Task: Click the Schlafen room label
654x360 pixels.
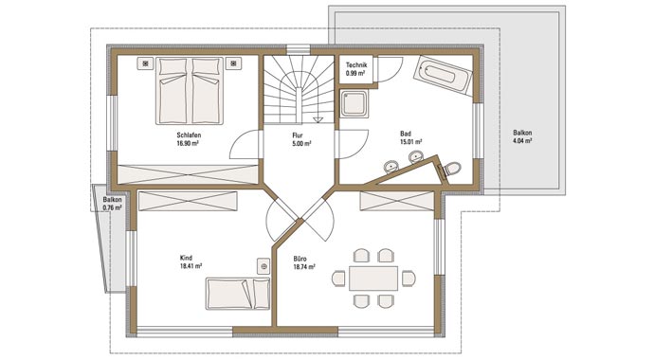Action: coord(189,135)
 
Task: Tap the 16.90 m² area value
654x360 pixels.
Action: coord(188,143)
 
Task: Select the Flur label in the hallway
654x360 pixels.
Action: coord(298,135)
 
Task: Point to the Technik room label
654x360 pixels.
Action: coord(356,65)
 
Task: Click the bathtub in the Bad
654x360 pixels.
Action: coord(443,76)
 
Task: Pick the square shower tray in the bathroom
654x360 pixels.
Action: coord(354,103)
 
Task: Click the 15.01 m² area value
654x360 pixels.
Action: coord(410,142)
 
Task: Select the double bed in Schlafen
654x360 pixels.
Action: coord(190,91)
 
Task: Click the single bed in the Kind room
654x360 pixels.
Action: coord(238,294)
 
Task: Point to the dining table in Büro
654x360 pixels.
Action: coord(373,279)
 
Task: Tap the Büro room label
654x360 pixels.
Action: coord(300,259)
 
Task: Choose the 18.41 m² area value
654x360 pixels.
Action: coord(191,266)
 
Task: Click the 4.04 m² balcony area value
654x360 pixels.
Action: coord(522,141)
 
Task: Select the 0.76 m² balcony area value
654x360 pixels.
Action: coord(113,207)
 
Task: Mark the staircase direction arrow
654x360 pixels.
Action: coord(318,120)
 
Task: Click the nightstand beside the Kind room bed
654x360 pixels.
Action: coord(263,266)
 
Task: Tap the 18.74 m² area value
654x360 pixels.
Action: coord(304,266)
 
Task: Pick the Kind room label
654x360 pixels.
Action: coord(186,258)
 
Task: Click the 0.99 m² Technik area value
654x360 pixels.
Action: coord(355,73)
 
